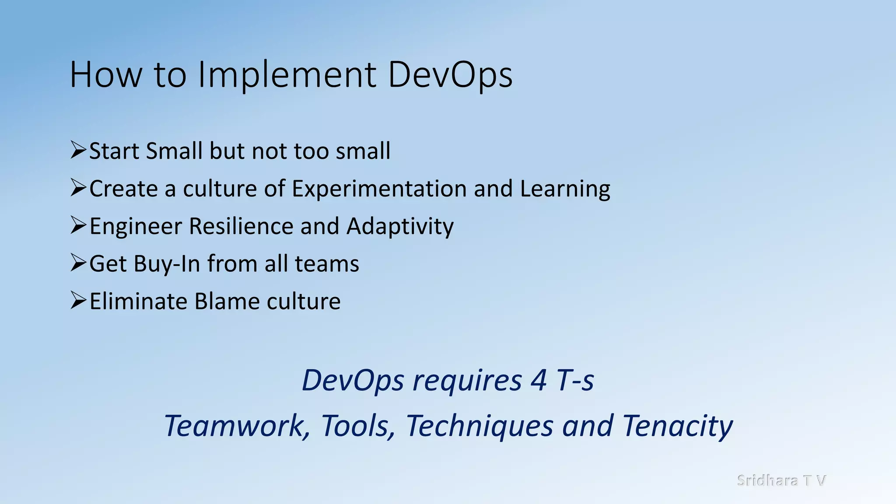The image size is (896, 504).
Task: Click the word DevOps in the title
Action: coord(450,75)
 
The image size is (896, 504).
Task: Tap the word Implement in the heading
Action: coord(287,75)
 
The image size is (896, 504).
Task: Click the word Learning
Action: coord(565,189)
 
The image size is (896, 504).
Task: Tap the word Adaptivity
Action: coord(400,227)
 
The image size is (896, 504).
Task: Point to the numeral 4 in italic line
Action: coord(539,380)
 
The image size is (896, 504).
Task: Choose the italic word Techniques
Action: coord(479,426)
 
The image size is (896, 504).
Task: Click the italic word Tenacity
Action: coord(677,426)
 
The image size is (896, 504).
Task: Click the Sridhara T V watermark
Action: coord(781,480)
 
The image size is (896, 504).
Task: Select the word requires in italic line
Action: coord(467,380)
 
